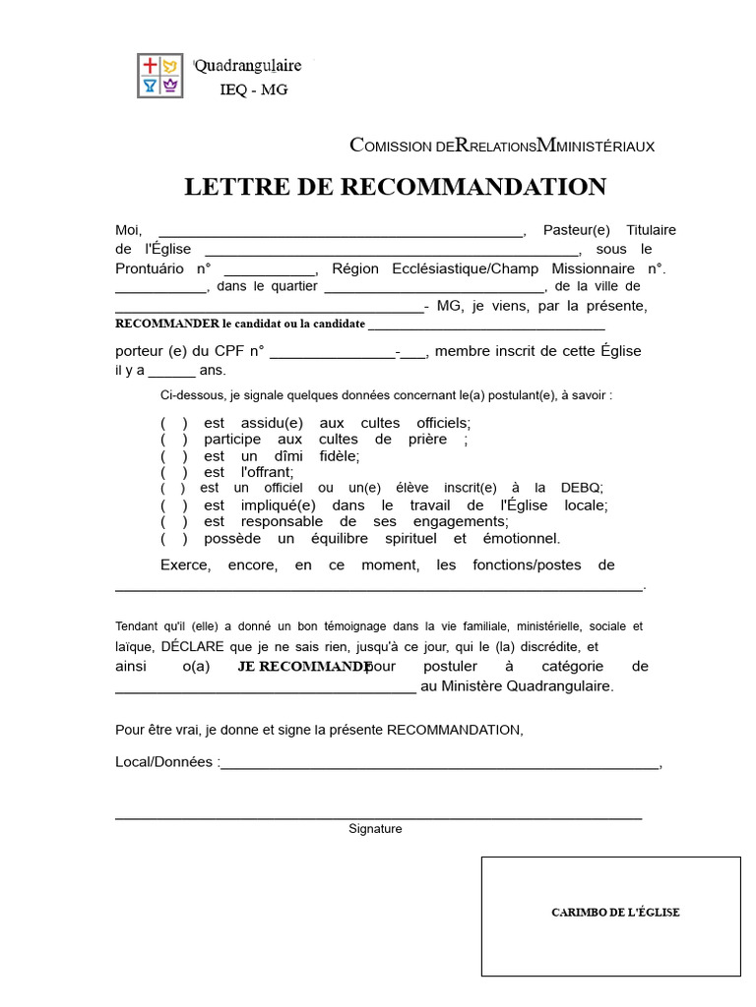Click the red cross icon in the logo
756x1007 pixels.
pyautogui.click(x=150, y=66)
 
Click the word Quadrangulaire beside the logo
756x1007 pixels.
pyautogui.click(x=248, y=66)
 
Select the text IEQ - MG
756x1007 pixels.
pyautogui.click(x=254, y=90)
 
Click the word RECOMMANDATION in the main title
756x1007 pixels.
pyautogui.click(x=473, y=187)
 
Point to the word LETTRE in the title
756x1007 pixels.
pyautogui.click(x=233, y=187)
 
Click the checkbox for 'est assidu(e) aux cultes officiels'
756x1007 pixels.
pyautogui.click(x=174, y=423)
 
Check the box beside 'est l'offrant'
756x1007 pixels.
pyautogui.click(x=174, y=472)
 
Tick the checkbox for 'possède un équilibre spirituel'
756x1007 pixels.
pyautogui.click(x=174, y=539)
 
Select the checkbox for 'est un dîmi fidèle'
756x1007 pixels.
pyautogui.click(x=174, y=456)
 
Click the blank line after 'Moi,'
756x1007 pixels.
pyautogui.click(x=341, y=232)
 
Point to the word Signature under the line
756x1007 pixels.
pyautogui.click(x=375, y=829)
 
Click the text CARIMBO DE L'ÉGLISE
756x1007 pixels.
pyautogui.click(x=615, y=913)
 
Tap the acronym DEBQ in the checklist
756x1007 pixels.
pyautogui.click(x=582, y=488)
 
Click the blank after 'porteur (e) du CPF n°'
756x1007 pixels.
pyautogui.click(x=332, y=353)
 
